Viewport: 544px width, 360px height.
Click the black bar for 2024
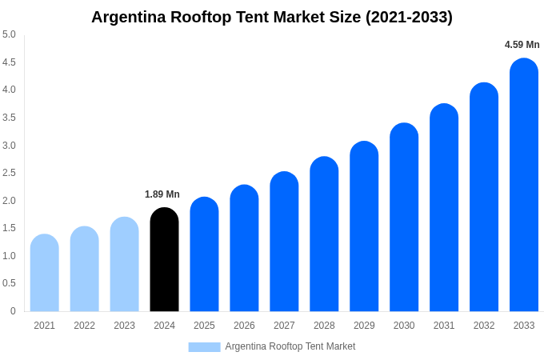tap(164, 260)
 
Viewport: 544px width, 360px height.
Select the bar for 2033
tap(524, 186)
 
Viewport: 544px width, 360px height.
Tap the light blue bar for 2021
tap(45, 274)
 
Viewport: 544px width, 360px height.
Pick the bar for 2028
tap(324, 234)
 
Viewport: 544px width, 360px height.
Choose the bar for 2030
tap(404, 218)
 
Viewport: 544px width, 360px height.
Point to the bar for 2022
tap(85, 270)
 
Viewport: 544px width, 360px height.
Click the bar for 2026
tap(244, 249)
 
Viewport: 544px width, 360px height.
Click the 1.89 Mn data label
tap(162, 194)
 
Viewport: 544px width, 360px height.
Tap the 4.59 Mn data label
tap(522, 45)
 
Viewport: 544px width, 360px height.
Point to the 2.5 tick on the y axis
tap(9, 173)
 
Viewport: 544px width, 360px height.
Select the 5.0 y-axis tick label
tap(9, 34)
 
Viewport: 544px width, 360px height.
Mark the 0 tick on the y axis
tap(13, 311)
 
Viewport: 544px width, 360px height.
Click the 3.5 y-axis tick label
tap(9, 118)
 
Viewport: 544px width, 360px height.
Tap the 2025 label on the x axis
tap(204, 326)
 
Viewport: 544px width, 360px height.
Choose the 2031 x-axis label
tap(444, 326)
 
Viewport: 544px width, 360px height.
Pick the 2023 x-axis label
tap(124, 326)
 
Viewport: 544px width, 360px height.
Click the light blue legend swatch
tap(204, 347)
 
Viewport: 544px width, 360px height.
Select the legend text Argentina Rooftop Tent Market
tap(290, 346)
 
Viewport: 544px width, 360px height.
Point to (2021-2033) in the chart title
tap(409, 17)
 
